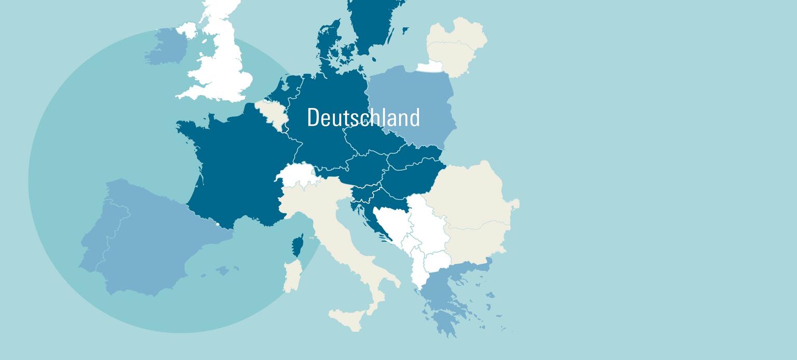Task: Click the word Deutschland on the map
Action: click(x=363, y=117)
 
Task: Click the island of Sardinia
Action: click(x=292, y=276)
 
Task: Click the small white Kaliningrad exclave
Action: click(x=430, y=66)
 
